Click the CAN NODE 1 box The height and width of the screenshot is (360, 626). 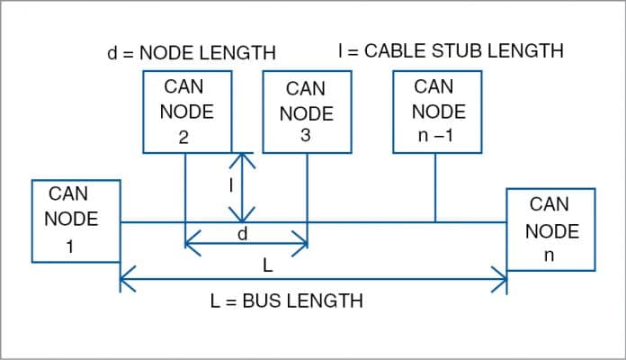click(76, 220)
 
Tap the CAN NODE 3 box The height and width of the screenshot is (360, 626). click(306, 113)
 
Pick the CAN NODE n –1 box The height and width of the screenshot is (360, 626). click(437, 112)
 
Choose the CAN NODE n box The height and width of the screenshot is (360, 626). click(550, 229)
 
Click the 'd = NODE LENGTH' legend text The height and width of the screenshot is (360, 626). click(191, 52)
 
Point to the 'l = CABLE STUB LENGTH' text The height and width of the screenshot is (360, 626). click(450, 51)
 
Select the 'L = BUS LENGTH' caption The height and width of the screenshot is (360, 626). click(286, 301)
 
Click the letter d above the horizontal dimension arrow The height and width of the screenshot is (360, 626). click(242, 233)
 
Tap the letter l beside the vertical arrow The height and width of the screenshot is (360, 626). click(231, 184)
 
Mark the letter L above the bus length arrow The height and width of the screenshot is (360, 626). click(267, 267)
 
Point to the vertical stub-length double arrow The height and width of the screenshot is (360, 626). click(241, 187)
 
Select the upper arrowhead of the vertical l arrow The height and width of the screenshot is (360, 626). click(241, 157)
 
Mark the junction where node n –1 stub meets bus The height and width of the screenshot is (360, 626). click(436, 221)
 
